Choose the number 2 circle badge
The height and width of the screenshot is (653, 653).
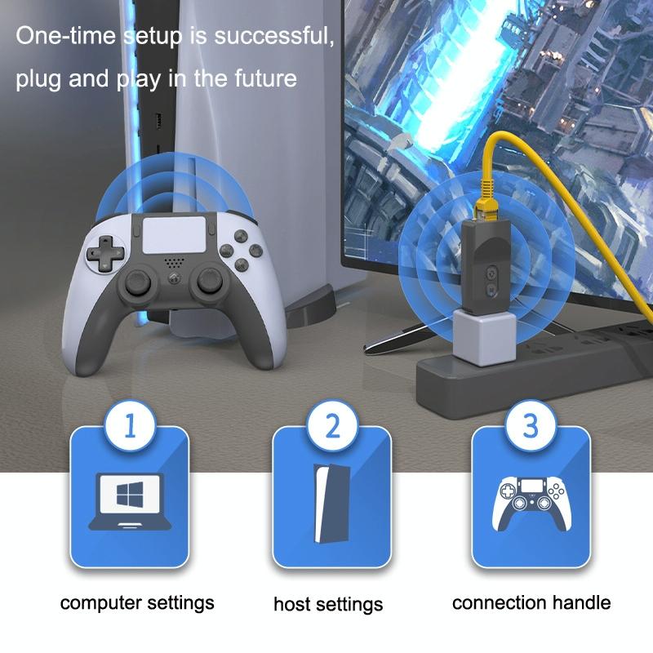(331, 424)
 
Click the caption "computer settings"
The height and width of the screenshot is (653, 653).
(137, 603)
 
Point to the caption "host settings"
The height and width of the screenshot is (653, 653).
(328, 605)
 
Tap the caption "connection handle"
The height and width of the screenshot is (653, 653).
(531, 603)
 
